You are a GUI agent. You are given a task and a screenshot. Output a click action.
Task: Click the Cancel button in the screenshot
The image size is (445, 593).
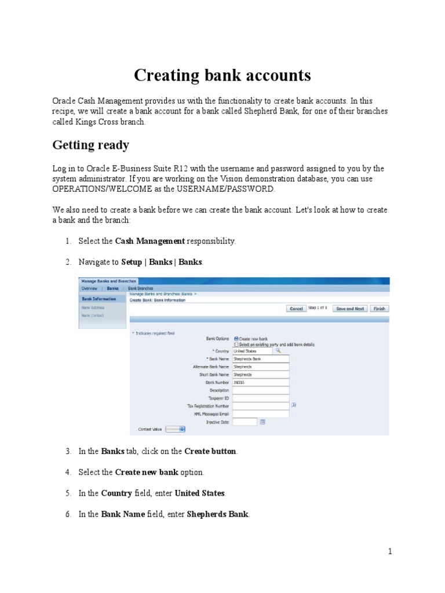click(296, 309)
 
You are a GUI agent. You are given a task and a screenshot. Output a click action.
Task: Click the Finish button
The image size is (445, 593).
click(379, 309)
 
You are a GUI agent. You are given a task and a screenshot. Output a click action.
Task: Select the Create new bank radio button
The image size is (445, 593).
click(236, 338)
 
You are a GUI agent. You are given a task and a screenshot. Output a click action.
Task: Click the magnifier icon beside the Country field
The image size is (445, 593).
click(278, 350)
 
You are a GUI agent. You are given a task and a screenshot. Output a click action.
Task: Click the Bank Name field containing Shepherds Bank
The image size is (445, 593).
click(260, 358)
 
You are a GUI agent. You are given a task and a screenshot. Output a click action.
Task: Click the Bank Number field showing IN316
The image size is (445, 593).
click(260, 382)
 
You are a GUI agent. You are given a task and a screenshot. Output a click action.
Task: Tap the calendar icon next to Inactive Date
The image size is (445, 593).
click(262, 422)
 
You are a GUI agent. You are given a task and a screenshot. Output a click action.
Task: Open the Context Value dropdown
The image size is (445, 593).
click(175, 429)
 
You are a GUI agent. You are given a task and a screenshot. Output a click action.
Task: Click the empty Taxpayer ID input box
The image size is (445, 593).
click(260, 398)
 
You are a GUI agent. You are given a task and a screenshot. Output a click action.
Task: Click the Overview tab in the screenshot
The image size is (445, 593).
click(89, 288)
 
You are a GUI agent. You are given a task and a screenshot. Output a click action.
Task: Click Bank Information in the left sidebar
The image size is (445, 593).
click(99, 299)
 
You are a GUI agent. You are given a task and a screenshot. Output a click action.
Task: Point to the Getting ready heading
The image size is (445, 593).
click(91, 145)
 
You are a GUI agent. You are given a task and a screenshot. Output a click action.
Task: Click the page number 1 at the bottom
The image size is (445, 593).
click(391, 551)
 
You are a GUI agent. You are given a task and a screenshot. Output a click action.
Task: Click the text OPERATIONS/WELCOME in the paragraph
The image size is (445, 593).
click(96, 189)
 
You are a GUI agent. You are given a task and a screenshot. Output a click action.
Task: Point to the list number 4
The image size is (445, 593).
click(68, 473)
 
